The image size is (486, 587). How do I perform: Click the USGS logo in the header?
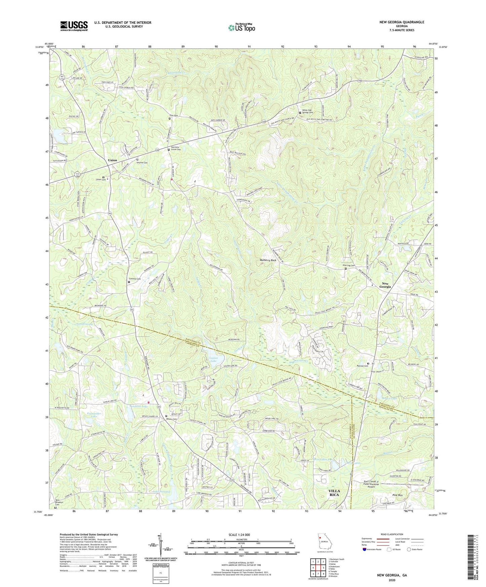(74, 26)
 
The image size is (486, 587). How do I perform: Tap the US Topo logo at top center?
(241, 28)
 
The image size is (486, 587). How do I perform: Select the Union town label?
(112, 160)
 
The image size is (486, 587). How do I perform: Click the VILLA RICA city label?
(334, 493)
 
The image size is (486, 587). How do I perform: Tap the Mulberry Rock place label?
(268, 260)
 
